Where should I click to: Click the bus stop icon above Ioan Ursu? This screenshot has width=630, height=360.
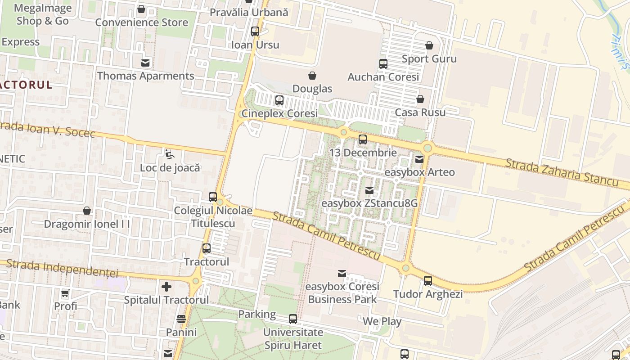(x=255, y=31)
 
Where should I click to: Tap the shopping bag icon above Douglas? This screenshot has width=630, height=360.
(x=312, y=76)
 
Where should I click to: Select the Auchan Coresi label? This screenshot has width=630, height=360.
(x=383, y=77)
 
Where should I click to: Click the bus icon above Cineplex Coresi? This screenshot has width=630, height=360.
(x=279, y=100)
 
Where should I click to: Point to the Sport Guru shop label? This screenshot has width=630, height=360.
(x=429, y=59)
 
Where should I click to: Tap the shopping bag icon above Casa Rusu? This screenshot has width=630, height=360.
(x=420, y=99)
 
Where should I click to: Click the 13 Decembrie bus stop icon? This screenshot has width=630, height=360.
(x=363, y=139)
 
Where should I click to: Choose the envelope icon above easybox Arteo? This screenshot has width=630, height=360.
(x=419, y=159)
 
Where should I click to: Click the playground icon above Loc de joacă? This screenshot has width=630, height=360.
(x=169, y=154)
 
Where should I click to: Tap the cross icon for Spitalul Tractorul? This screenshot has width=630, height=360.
(x=166, y=286)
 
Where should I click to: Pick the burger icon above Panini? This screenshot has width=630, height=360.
(x=181, y=319)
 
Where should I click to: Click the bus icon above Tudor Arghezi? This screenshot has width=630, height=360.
(x=428, y=281)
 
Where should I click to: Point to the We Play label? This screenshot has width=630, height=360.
(x=382, y=321)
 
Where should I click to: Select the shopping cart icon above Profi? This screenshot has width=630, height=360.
(x=65, y=293)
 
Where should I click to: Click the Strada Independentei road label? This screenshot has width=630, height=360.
(x=63, y=268)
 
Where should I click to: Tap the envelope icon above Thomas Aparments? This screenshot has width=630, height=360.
(x=146, y=63)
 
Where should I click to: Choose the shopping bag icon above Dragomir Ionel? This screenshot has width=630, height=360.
(x=87, y=211)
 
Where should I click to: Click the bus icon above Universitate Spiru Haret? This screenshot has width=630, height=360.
(x=293, y=319)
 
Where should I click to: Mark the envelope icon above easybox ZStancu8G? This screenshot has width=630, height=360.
(x=369, y=190)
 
